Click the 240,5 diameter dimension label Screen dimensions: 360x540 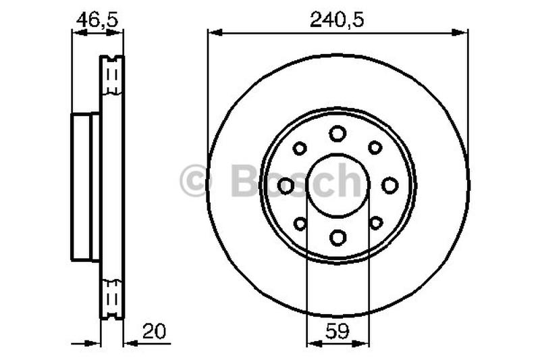pos(337,20)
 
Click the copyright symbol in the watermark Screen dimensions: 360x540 pos(196,182)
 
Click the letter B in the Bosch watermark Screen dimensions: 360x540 pos(244,180)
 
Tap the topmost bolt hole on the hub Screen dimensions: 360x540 pos(337,133)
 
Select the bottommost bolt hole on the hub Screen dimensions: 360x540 pos(337,236)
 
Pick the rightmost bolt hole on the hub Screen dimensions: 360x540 pos(389,185)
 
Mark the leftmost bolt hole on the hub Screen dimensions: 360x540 pos(286,185)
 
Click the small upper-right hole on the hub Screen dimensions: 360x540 pos(375,147)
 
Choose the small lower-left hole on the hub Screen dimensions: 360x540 pos(300,222)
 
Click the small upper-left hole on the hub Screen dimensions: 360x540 pos(300,148)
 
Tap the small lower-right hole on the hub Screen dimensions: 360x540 pos(375,222)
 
